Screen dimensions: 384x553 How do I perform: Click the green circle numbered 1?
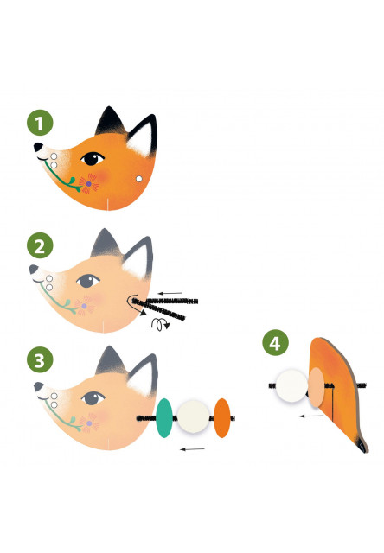click(40, 123)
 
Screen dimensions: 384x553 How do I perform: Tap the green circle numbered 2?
click(40, 245)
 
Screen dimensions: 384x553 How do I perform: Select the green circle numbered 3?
click(40, 359)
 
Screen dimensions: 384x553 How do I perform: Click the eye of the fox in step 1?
click(93, 158)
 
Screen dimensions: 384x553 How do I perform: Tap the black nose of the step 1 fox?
click(38, 147)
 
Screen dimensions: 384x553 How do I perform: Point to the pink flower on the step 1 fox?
click(89, 183)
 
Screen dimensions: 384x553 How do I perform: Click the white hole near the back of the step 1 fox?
click(139, 179)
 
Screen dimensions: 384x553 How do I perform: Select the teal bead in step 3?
click(164, 418)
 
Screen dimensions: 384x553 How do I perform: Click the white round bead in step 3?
click(193, 416)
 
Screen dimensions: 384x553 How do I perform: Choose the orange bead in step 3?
click(222, 418)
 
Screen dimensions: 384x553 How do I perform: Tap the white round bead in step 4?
click(291, 386)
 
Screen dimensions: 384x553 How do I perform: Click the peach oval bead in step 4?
click(317, 387)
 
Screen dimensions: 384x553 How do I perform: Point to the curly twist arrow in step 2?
click(160, 324)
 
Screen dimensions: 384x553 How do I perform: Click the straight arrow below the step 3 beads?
click(192, 449)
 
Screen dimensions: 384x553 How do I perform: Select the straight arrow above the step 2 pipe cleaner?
click(170, 293)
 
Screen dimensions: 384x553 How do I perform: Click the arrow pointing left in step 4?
click(311, 416)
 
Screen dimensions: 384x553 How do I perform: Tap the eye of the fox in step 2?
click(88, 281)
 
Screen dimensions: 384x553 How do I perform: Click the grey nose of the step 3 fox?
click(38, 386)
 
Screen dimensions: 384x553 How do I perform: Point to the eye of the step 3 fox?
click(93, 398)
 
